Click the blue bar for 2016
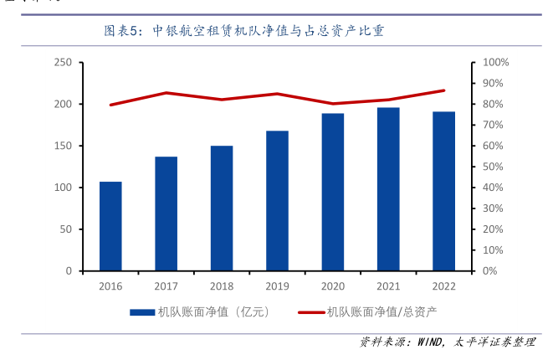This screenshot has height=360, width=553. (x=110, y=226)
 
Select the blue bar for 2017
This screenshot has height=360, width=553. (x=166, y=213)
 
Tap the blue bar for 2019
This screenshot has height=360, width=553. (x=277, y=201)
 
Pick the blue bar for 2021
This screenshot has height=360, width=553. (x=388, y=189)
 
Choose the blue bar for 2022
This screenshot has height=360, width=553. (x=443, y=191)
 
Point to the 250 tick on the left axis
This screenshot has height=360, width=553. (x=62, y=63)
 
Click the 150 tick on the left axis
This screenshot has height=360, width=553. (x=62, y=146)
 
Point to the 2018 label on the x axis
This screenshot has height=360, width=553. (x=222, y=286)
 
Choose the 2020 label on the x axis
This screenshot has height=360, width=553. (x=332, y=286)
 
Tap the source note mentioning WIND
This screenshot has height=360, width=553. (x=447, y=342)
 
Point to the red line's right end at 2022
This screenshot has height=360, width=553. (x=443, y=90)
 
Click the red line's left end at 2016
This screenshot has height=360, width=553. (x=110, y=105)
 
